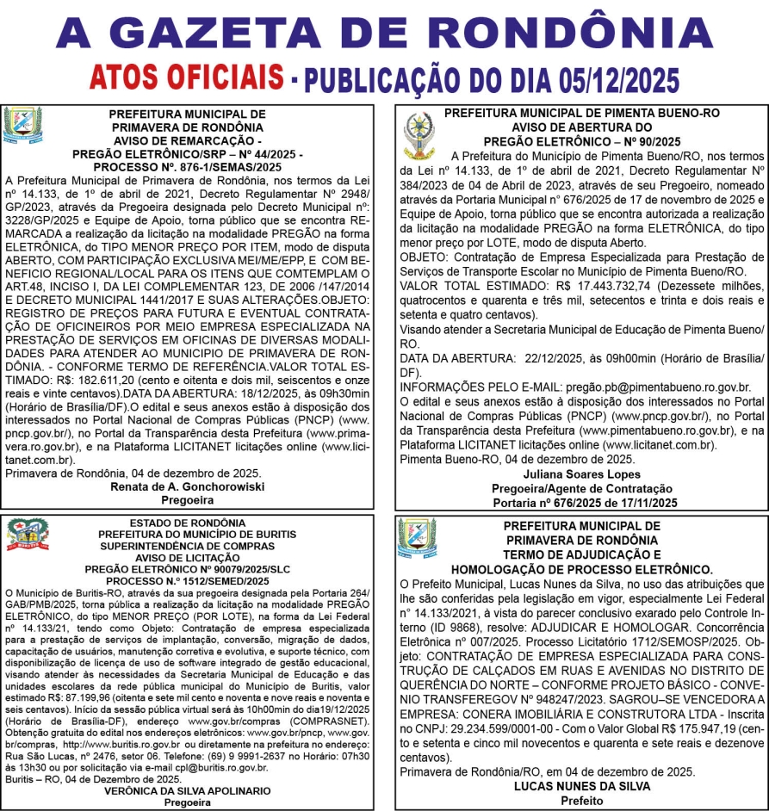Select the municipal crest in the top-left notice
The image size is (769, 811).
pyautogui.click(x=22, y=126)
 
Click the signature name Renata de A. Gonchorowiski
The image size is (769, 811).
pyautogui.click(x=187, y=486)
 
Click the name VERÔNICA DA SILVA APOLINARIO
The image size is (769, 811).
pyautogui.click(x=187, y=790)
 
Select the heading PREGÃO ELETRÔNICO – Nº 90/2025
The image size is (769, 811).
pyautogui.click(x=581, y=140)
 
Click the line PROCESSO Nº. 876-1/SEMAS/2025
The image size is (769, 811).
pyautogui.click(x=187, y=166)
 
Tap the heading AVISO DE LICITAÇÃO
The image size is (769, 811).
pyautogui.click(x=187, y=558)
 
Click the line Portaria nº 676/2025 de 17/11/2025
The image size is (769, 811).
pyautogui.click(x=581, y=502)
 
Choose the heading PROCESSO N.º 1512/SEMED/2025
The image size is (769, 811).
pyautogui.click(x=187, y=581)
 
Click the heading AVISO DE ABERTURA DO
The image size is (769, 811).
pyautogui.click(x=581, y=127)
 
